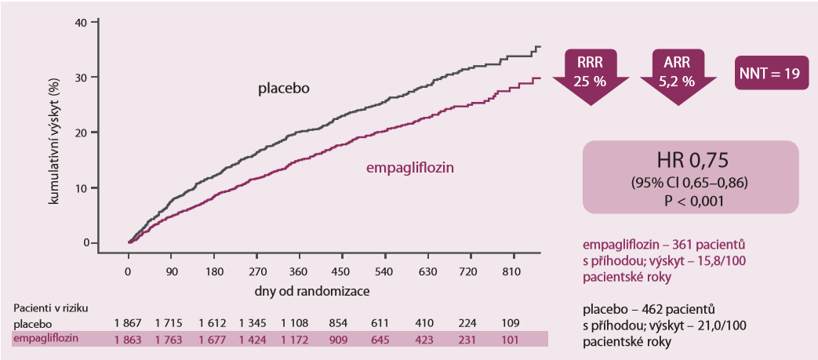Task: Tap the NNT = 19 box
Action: (768, 74)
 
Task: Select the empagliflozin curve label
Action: (411, 167)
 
